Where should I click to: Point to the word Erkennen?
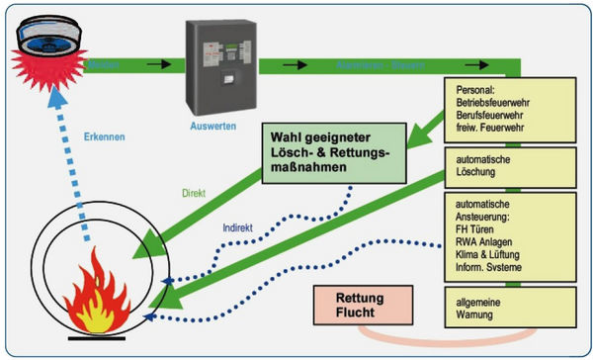(x=105, y=136)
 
